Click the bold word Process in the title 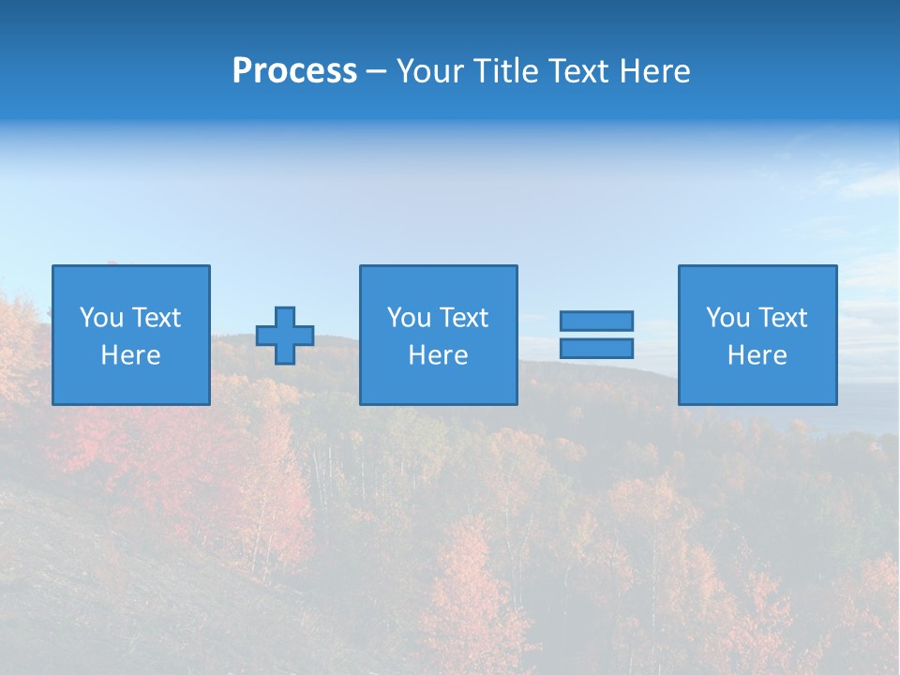294,71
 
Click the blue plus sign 285,336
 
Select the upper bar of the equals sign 596,321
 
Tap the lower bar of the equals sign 596,349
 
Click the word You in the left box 100,318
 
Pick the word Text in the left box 155,318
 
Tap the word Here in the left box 130,355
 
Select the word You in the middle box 408,318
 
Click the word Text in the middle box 462,318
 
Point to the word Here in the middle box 438,355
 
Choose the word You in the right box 727,318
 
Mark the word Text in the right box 781,318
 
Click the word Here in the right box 757,355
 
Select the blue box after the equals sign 757,384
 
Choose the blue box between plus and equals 438,384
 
